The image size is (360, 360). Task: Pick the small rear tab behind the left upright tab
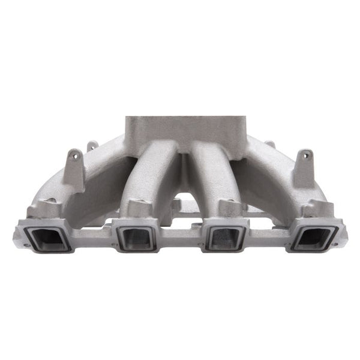click(92, 146)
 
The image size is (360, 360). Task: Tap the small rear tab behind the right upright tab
click(271, 145)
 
